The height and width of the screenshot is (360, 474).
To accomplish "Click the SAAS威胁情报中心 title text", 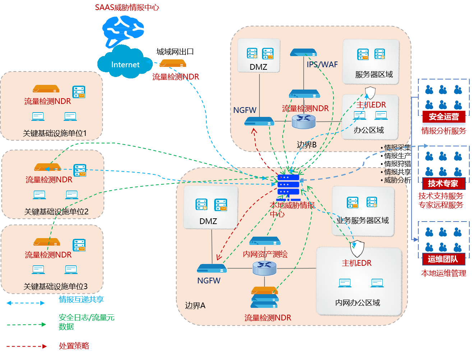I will [x=127, y=8].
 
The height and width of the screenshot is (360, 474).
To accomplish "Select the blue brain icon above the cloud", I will [x=123, y=31].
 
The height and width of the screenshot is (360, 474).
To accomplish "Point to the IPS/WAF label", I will [x=322, y=64].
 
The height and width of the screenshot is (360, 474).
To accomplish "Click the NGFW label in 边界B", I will [x=245, y=110].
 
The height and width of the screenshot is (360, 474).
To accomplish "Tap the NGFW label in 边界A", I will [x=209, y=281].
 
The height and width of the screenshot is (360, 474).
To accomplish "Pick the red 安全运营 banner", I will [x=443, y=117].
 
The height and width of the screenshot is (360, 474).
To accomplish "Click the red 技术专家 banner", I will [x=443, y=183].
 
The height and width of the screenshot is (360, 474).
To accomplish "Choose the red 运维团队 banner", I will [x=443, y=259].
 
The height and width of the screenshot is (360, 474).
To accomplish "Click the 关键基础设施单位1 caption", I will [x=55, y=133].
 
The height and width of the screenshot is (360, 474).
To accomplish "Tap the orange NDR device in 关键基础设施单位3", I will [x=47, y=242].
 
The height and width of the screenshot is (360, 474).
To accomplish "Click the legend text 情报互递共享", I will [x=81, y=299].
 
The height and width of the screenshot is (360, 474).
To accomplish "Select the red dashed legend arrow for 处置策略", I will [x=27, y=346].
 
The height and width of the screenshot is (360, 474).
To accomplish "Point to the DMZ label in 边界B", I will [x=258, y=67].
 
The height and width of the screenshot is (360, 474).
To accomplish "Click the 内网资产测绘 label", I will [x=265, y=254].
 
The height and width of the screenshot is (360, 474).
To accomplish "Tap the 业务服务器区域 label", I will [x=363, y=220].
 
